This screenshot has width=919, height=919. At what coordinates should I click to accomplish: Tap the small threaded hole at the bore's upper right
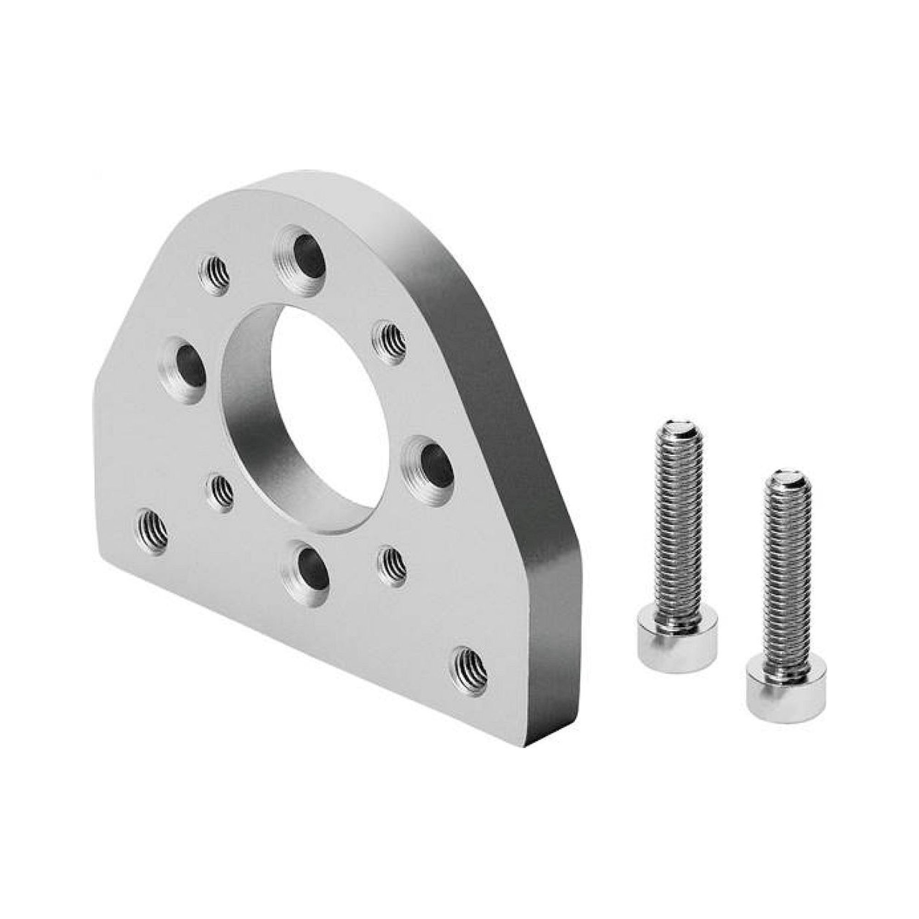click(x=388, y=340)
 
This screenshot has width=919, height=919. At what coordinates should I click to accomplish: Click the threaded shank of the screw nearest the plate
click(x=678, y=523)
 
